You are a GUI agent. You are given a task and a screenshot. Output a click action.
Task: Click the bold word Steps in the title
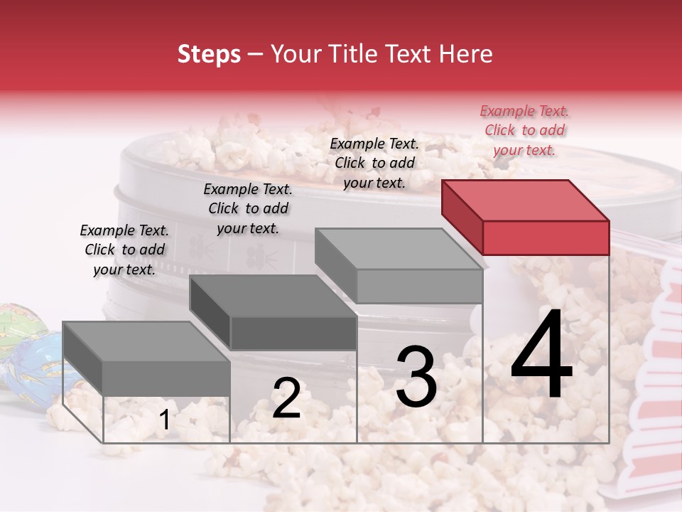(209, 54)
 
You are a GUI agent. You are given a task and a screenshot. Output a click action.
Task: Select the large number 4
(541, 356)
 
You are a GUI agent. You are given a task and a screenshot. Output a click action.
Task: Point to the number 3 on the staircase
(416, 377)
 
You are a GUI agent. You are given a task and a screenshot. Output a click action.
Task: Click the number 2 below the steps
(286, 398)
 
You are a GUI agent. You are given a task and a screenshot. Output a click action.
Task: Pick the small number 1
(164, 420)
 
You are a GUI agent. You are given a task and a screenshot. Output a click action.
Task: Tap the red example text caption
(524, 130)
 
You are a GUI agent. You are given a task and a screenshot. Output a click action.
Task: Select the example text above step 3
(374, 163)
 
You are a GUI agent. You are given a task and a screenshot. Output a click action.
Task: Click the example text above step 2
(248, 208)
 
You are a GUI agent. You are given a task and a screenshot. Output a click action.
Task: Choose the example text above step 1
(124, 250)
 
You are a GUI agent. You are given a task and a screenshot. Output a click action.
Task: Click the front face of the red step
(546, 238)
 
